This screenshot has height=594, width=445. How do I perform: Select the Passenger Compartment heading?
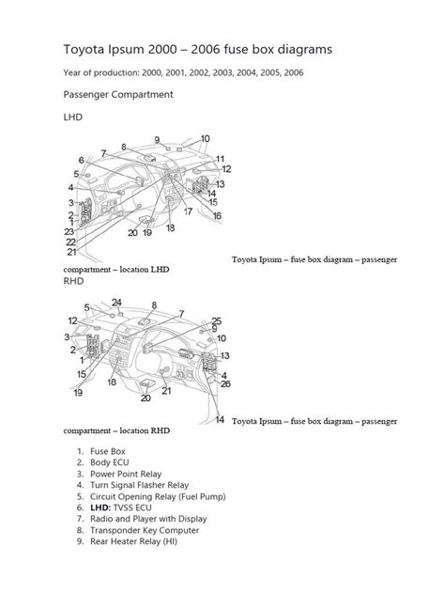click(x=118, y=95)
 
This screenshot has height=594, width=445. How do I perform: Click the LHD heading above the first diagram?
click(x=72, y=117)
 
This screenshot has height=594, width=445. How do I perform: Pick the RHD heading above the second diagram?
click(x=73, y=281)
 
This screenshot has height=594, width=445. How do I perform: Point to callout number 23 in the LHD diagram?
click(x=69, y=231)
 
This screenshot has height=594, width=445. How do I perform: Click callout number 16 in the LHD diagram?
click(x=217, y=216)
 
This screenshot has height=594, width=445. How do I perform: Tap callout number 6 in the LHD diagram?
click(x=81, y=160)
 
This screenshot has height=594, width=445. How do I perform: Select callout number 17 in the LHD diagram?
click(x=188, y=211)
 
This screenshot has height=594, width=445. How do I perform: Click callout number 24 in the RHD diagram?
click(x=116, y=303)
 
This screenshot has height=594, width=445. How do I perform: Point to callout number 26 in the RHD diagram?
click(x=225, y=383)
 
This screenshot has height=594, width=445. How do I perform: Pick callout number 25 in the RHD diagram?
click(x=216, y=321)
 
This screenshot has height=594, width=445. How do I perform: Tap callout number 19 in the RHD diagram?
click(x=78, y=393)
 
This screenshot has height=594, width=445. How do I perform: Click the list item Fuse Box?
click(x=107, y=451)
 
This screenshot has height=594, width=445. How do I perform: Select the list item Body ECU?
click(x=109, y=462)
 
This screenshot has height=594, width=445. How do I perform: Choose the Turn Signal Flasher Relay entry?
click(x=139, y=485)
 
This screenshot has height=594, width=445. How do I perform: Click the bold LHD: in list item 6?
click(x=100, y=508)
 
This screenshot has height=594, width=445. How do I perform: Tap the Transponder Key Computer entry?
click(x=145, y=530)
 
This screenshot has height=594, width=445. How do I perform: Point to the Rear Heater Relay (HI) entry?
click(x=133, y=541)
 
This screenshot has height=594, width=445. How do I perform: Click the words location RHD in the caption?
click(x=145, y=430)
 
